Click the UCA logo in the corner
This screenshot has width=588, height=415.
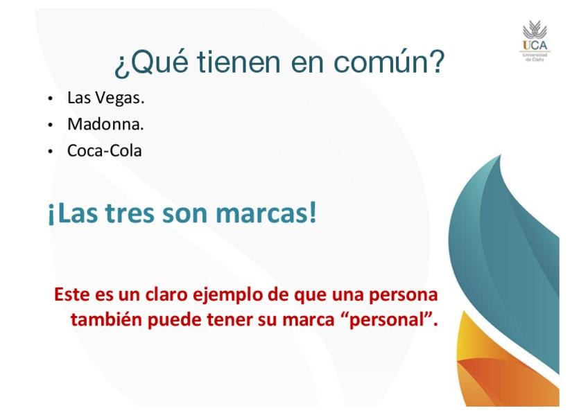click(535, 41)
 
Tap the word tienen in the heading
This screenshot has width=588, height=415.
click(239, 62)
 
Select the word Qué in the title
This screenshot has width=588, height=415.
click(151, 62)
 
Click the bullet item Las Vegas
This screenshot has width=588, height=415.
click(106, 98)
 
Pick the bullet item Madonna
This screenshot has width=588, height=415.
click(105, 124)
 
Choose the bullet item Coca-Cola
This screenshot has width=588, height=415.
click(104, 150)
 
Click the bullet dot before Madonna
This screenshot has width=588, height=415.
click(50, 125)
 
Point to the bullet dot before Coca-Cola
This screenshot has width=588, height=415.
click(50, 152)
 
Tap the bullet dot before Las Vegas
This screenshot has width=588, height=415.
click(50, 99)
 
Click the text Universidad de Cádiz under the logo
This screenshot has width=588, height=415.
click(535, 57)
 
